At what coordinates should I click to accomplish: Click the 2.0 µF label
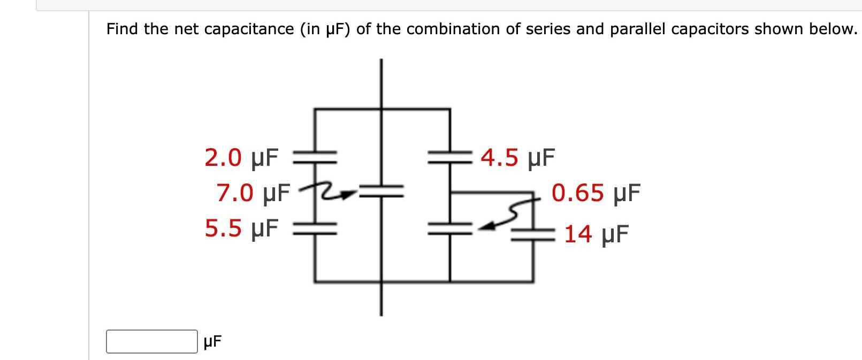[x=241, y=158]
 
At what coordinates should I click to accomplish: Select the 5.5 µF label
[x=241, y=228]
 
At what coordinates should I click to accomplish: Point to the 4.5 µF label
[x=517, y=158]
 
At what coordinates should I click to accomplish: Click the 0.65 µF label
[x=596, y=193]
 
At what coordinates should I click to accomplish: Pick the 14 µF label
[x=596, y=234]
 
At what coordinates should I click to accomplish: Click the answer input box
[x=151, y=341]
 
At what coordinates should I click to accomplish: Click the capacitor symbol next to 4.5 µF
[x=449, y=156]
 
